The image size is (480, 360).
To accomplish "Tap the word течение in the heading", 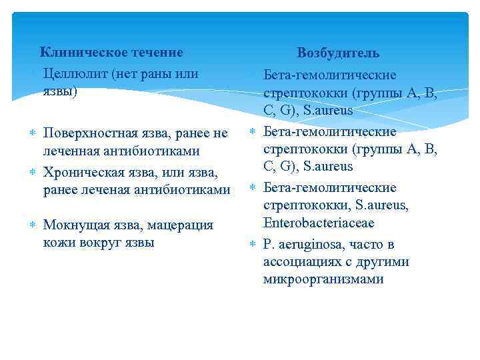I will point(154,52).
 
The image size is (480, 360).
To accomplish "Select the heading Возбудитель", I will point(338,53).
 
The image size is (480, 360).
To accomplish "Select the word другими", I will point(384,262).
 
